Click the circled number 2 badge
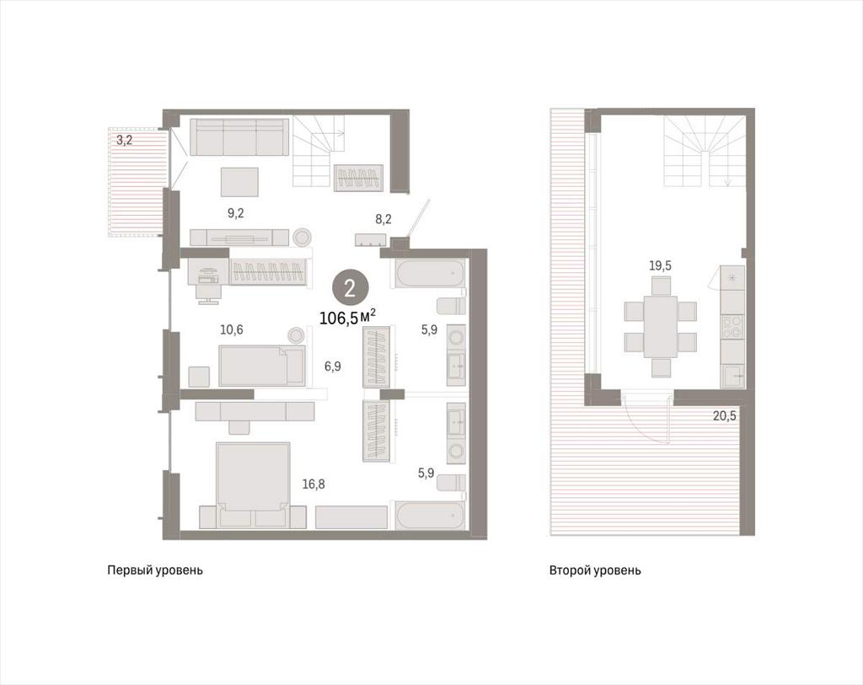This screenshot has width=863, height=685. pyautogui.click(x=350, y=289)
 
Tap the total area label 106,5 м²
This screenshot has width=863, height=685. pyautogui.click(x=348, y=318)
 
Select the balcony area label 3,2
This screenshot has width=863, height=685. pyautogui.click(x=125, y=140)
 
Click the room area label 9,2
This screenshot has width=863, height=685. pyautogui.click(x=236, y=213)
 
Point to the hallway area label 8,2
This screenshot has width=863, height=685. pyautogui.click(x=383, y=220)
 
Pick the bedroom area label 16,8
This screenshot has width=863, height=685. pyautogui.click(x=314, y=484)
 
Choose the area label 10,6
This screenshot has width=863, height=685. pyautogui.click(x=231, y=330)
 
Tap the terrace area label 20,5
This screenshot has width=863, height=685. pyautogui.click(x=724, y=416)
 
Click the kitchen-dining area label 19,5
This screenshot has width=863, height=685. pyautogui.click(x=660, y=266)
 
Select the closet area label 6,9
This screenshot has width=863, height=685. pyautogui.click(x=332, y=366)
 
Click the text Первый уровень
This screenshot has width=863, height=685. pyautogui.click(x=155, y=570)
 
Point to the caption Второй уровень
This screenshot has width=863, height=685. pyautogui.click(x=595, y=570)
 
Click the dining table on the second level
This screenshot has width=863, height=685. pyautogui.click(x=661, y=327)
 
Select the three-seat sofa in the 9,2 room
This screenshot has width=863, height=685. pyautogui.click(x=239, y=137)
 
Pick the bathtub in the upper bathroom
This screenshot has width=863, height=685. pyautogui.click(x=427, y=274)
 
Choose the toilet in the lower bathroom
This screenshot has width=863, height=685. pyautogui.click(x=452, y=483)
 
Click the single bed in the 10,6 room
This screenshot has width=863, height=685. pyautogui.click(x=261, y=366)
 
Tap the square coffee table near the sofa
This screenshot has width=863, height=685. pyautogui.click(x=239, y=182)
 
